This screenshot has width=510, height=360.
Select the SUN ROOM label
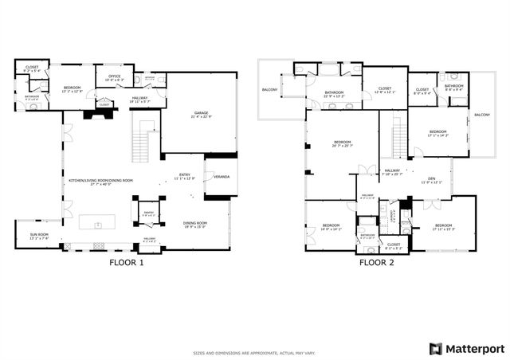(38, 237)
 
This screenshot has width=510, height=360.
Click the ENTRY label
(185, 174)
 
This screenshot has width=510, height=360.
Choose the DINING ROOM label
(195, 224)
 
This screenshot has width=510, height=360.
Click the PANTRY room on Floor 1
(148, 214)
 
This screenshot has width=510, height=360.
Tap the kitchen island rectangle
(104, 221)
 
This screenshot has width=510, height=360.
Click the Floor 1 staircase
(142, 143)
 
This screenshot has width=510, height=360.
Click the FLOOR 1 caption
(126, 262)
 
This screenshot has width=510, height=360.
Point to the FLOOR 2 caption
(376, 262)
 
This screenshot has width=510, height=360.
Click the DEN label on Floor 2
(431, 179)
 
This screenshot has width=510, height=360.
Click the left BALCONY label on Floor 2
(269, 89)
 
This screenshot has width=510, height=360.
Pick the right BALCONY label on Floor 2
(482, 115)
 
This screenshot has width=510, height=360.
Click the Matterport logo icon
(434, 349)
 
